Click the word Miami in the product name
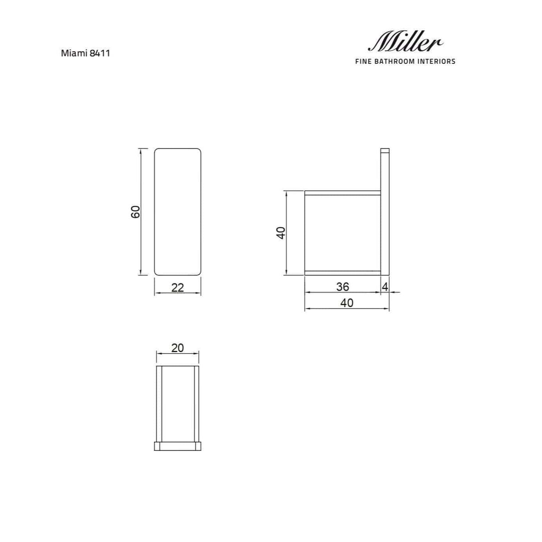click(x=74, y=53)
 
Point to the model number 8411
click(x=100, y=53)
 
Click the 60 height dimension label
click(x=135, y=212)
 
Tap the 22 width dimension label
click(x=178, y=288)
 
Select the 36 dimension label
click(x=342, y=287)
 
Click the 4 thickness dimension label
click(x=385, y=287)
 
